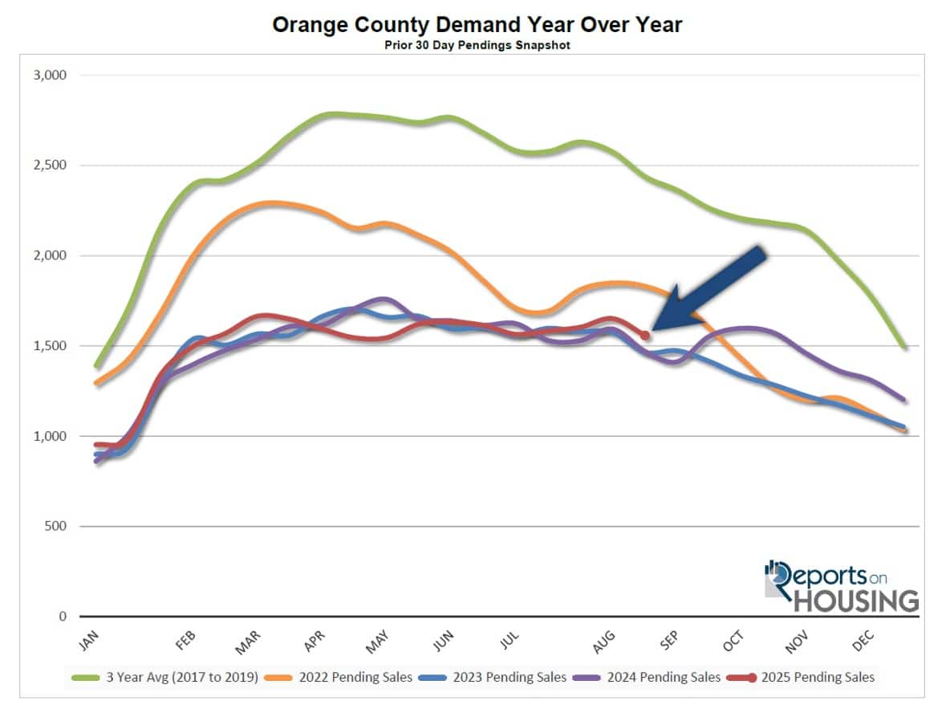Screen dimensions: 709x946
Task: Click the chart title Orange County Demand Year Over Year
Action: [x=477, y=25]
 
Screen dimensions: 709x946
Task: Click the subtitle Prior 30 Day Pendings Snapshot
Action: [x=477, y=45]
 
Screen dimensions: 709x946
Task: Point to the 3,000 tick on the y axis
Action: [x=50, y=75]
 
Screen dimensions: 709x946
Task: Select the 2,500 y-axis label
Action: [x=50, y=165]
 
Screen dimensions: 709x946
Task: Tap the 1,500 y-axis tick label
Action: [x=50, y=346]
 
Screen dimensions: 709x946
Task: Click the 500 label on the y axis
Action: [x=56, y=527]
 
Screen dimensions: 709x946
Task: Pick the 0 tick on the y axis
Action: [x=62, y=617]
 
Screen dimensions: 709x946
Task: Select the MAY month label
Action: [x=377, y=640]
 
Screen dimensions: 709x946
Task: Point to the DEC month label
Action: [x=862, y=640]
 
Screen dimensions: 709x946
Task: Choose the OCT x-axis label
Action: [x=733, y=640]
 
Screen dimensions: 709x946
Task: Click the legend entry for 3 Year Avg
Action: [x=181, y=678]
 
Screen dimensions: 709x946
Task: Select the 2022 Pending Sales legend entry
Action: [x=355, y=678]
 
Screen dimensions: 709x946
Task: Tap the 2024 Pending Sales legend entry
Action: [x=664, y=678]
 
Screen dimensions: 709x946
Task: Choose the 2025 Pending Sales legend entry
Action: [x=818, y=678]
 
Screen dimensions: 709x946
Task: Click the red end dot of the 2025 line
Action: [x=645, y=336]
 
